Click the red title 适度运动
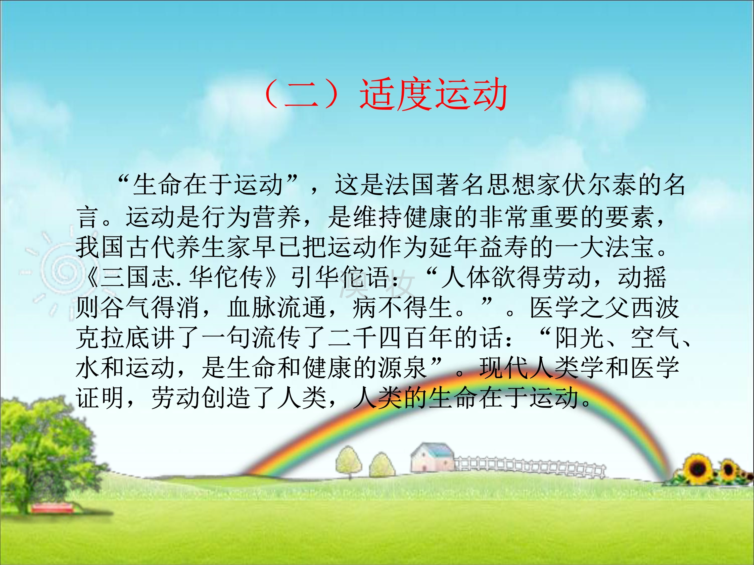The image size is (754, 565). tap(434, 94)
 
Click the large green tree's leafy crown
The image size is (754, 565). tap(44, 443)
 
